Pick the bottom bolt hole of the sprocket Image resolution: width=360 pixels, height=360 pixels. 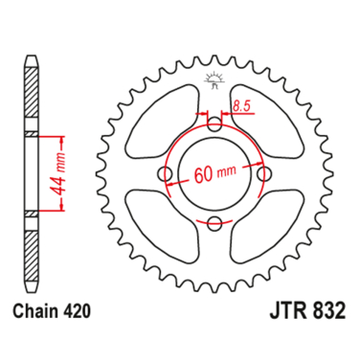214,225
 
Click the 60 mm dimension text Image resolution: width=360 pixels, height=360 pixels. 214,175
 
